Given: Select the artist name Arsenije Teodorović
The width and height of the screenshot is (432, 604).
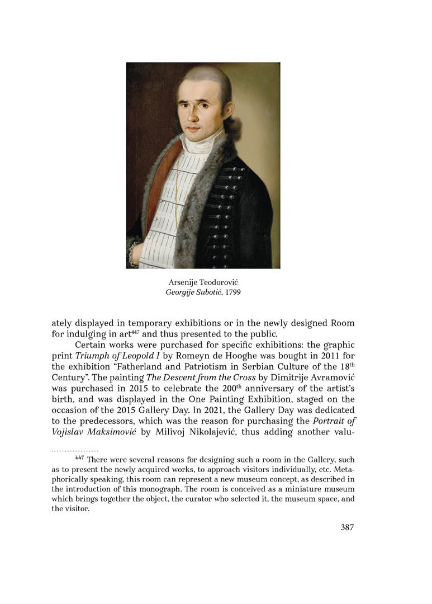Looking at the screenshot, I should pyautogui.click(x=203, y=283).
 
